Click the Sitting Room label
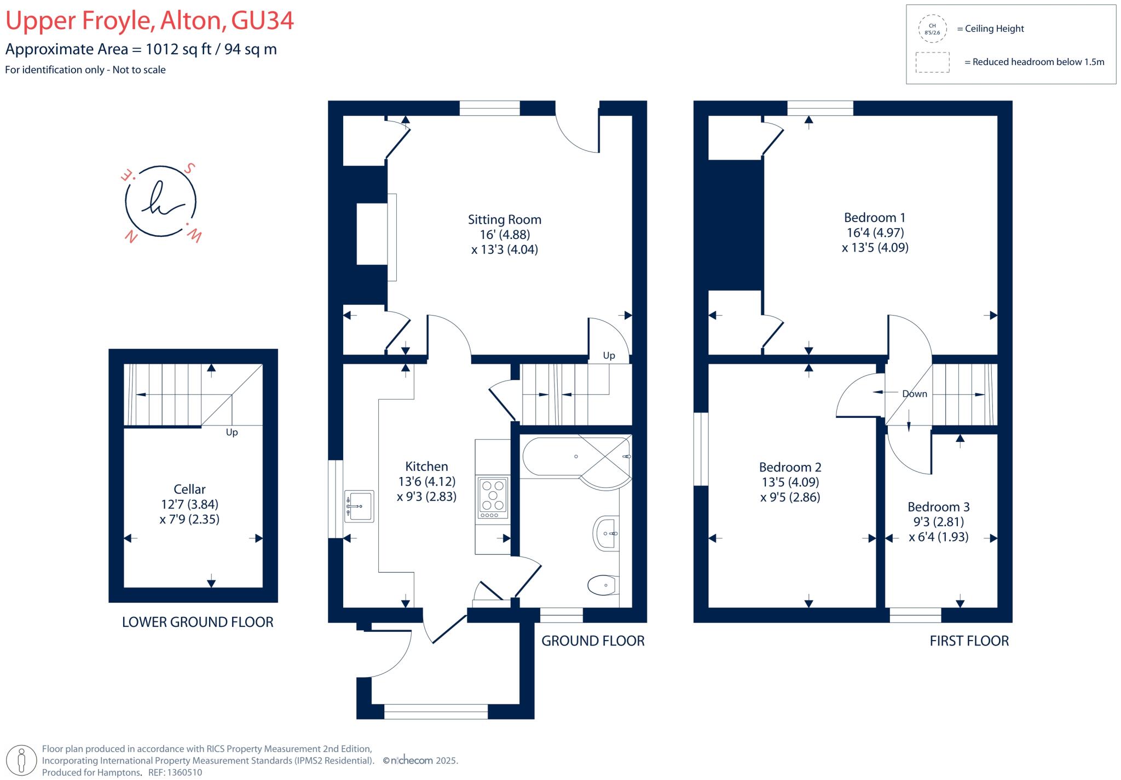(x=504, y=219)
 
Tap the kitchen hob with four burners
(x=493, y=498)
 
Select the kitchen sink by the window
(x=359, y=506)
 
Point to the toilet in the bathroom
(x=602, y=585)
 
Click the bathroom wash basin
(x=606, y=533)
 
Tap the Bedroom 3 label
(x=938, y=507)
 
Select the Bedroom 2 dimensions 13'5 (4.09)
(x=790, y=482)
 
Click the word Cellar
(x=189, y=489)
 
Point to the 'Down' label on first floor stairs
(x=914, y=394)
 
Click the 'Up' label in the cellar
(x=232, y=432)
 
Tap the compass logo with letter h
(x=160, y=202)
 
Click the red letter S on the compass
(x=189, y=168)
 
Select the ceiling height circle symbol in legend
(x=932, y=29)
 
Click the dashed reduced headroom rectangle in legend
(x=932, y=62)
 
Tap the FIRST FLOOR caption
(x=969, y=641)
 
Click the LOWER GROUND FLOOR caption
(x=197, y=622)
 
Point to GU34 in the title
(x=262, y=21)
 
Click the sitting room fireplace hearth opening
(x=372, y=234)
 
